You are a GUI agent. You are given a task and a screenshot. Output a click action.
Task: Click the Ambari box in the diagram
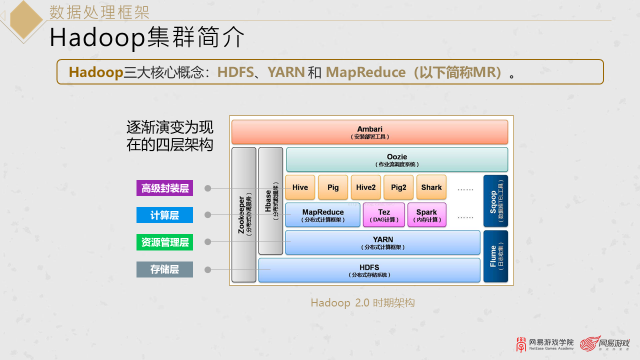click(369, 132)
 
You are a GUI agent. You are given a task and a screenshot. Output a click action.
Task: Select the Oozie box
click(397, 160)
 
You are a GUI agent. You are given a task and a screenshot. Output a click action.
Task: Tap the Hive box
click(300, 187)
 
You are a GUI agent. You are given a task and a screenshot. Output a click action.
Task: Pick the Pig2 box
click(398, 187)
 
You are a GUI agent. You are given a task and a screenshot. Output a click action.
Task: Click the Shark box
click(431, 187)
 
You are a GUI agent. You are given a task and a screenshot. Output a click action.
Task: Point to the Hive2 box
click(365, 187)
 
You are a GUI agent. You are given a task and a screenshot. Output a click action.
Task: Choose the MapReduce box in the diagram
click(322, 215)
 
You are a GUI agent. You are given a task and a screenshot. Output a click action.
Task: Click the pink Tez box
click(384, 215)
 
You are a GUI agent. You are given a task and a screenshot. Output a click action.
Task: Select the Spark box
click(426, 215)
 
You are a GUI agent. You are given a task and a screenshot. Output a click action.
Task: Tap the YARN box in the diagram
click(382, 242)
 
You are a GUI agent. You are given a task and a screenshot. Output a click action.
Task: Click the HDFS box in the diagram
click(369, 270)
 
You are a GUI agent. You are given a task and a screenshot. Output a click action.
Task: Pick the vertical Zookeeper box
click(244, 214)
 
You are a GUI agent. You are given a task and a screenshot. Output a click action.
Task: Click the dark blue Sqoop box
click(495, 201)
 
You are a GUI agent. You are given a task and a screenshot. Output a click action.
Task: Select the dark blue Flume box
click(495, 256)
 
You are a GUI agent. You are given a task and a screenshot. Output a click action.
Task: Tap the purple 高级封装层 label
click(164, 188)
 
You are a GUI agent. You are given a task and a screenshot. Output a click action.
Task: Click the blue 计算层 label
click(164, 215)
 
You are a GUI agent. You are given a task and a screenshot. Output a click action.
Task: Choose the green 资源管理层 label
click(164, 242)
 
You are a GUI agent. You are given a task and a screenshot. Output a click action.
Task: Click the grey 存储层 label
click(164, 269)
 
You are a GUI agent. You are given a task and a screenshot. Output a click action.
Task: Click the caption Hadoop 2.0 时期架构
click(362, 302)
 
